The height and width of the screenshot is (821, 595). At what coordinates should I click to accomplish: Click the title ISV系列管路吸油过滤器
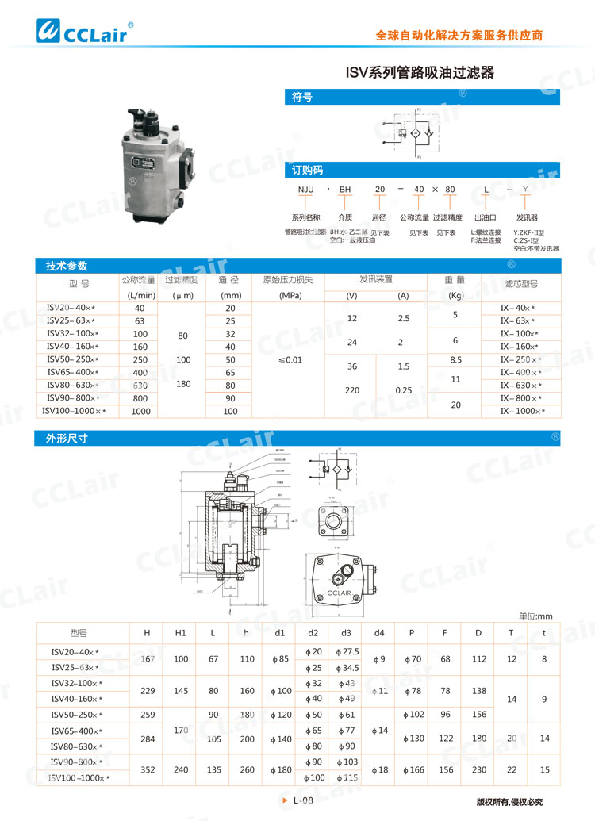pos(420,73)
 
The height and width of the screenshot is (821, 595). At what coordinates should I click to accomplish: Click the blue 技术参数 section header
pos(67,266)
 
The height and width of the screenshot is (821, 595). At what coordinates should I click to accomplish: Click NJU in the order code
pos(305,190)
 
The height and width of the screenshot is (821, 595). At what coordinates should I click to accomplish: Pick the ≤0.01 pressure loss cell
pos(290,359)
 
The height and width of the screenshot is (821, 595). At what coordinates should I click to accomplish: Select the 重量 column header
pos(455,280)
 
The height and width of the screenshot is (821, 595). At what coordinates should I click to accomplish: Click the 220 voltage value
pos(351,390)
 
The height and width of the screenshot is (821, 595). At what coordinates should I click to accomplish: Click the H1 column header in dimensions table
pos(181,632)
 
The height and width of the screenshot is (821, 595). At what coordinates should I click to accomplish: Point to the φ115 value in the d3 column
pos(347,777)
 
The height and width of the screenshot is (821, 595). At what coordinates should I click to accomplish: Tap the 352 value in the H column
pos(147,769)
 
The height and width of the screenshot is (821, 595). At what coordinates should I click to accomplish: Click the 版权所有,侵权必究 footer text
pos(509,802)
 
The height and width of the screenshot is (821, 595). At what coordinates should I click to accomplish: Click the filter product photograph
pos(156,165)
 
